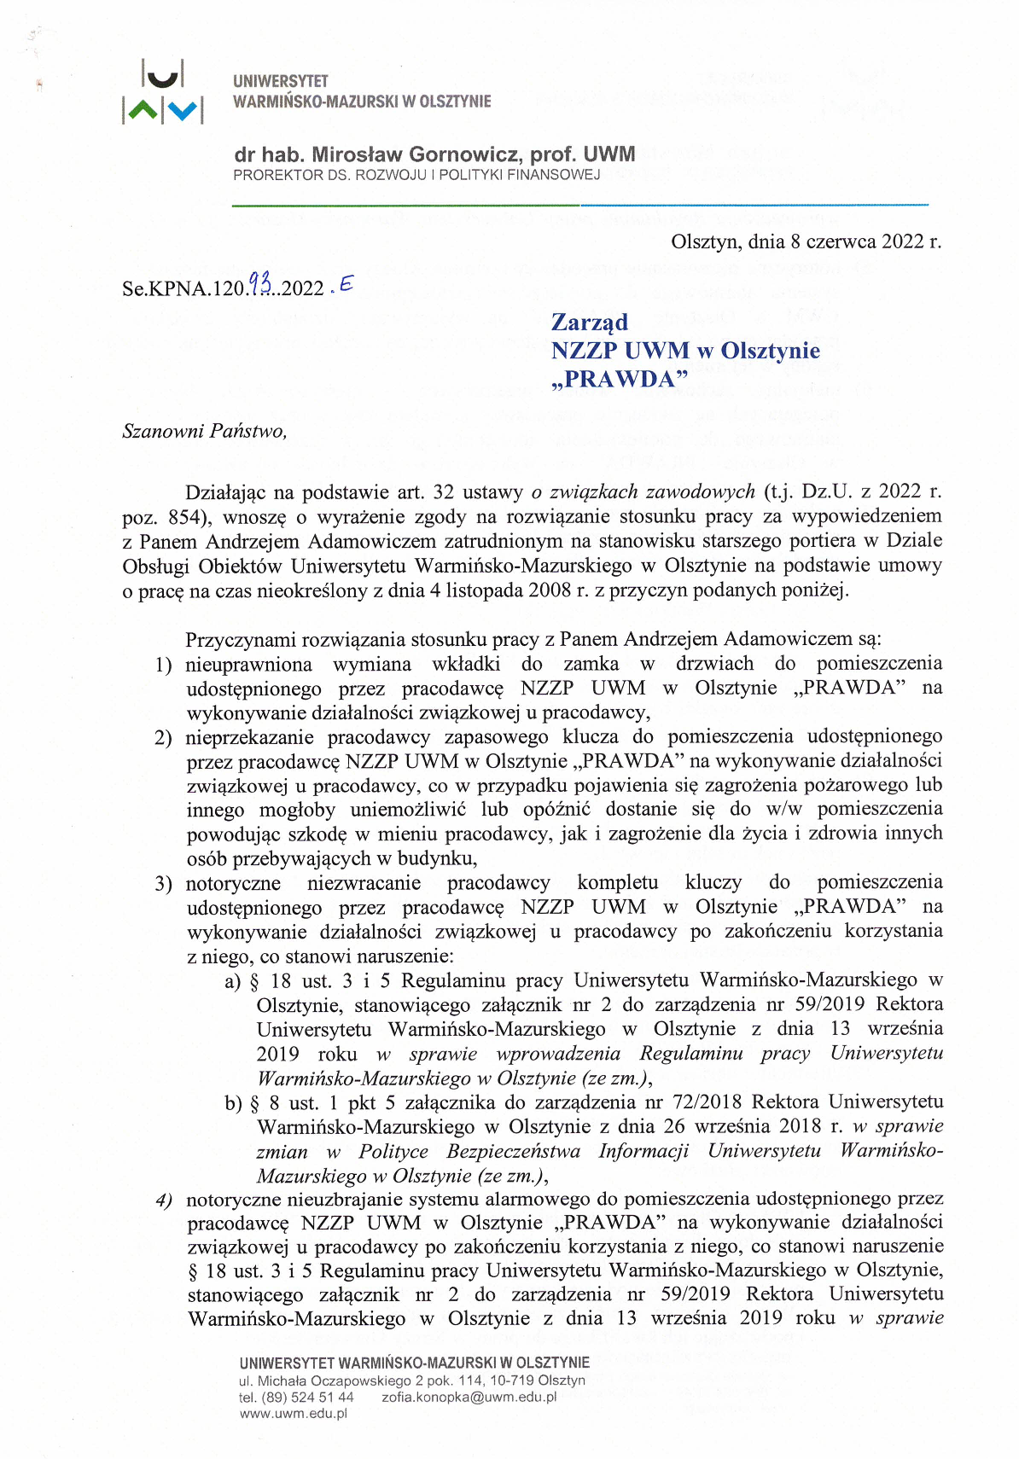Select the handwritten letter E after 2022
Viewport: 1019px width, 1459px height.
pos(345,285)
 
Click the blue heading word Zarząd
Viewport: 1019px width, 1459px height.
pos(590,322)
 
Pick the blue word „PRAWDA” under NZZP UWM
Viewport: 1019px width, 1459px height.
pos(620,380)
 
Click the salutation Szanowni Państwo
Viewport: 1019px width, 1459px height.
pos(205,431)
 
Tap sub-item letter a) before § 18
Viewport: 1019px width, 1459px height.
pos(233,981)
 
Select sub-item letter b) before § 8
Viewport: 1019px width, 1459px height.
pos(233,1103)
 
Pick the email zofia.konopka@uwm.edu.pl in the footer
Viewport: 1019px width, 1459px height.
pos(469,1397)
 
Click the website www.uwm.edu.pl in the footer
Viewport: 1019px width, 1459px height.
pos(294,1414)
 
